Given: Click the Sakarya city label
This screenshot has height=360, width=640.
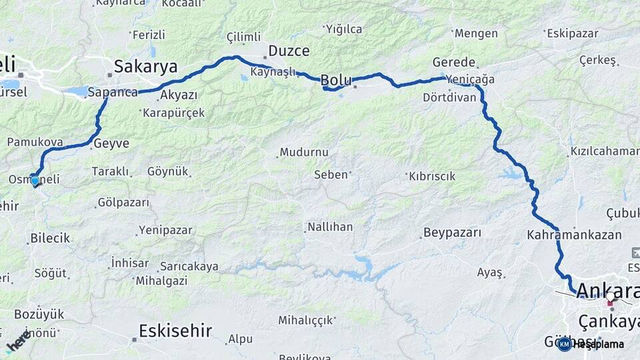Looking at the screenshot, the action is (145, 67).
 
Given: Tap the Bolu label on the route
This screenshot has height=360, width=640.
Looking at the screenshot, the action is (335, 81).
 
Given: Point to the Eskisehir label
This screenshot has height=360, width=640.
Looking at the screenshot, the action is (175, 330).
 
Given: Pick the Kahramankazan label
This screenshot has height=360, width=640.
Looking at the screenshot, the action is (574, 235).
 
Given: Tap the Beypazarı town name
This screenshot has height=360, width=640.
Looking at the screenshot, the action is (451, 233).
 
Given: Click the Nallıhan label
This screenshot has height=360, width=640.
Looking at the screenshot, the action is (329, 227).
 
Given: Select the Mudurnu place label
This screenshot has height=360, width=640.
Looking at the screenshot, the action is (304, 153).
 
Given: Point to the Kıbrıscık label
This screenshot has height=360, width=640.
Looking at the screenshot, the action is (431, 176).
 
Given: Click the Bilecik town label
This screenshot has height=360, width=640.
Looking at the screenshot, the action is (50, 238).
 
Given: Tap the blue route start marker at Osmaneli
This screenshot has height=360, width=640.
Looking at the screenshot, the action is (35, 180).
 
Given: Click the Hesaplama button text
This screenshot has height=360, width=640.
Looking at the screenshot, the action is (599, 345).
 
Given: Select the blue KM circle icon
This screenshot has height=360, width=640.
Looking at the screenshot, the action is (565, 345).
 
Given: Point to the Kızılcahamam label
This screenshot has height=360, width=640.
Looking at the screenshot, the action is (604, 151).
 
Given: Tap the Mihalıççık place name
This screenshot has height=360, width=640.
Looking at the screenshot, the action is (305, 320).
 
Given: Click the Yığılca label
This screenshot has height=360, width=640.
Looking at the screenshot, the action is (343, 29).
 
